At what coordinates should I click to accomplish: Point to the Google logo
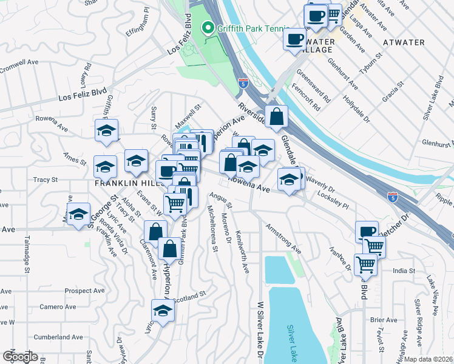(19, 357)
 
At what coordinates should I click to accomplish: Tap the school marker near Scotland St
(162, 311)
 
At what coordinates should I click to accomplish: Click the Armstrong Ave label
(283, 238)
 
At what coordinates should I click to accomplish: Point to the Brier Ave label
(382, 320)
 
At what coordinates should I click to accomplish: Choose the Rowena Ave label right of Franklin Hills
(249, 184)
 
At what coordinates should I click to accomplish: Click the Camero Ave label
(58, 306)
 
